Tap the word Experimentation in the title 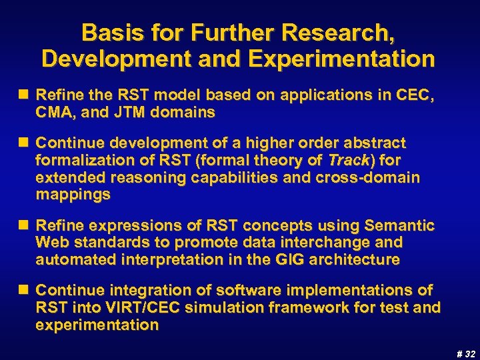pos(343,59)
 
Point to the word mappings pos(73,195)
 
